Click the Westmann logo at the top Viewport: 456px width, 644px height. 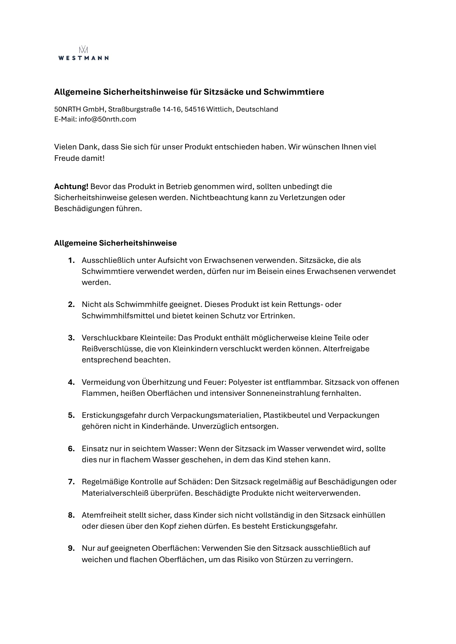click(83, 54)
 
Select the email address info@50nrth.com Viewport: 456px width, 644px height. click(107, 119)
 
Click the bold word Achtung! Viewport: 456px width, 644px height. click(71, 187)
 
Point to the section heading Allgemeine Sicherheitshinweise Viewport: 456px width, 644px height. click(115, 243)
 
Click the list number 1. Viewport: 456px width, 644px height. click(71, 261)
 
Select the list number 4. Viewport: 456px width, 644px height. click(71, 383)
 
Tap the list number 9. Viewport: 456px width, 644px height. click(71, 549)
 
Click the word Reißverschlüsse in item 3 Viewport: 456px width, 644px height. click(112, 349)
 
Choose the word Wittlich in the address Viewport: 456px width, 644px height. click(219, 109)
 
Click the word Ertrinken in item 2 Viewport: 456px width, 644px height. click(277, 316)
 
